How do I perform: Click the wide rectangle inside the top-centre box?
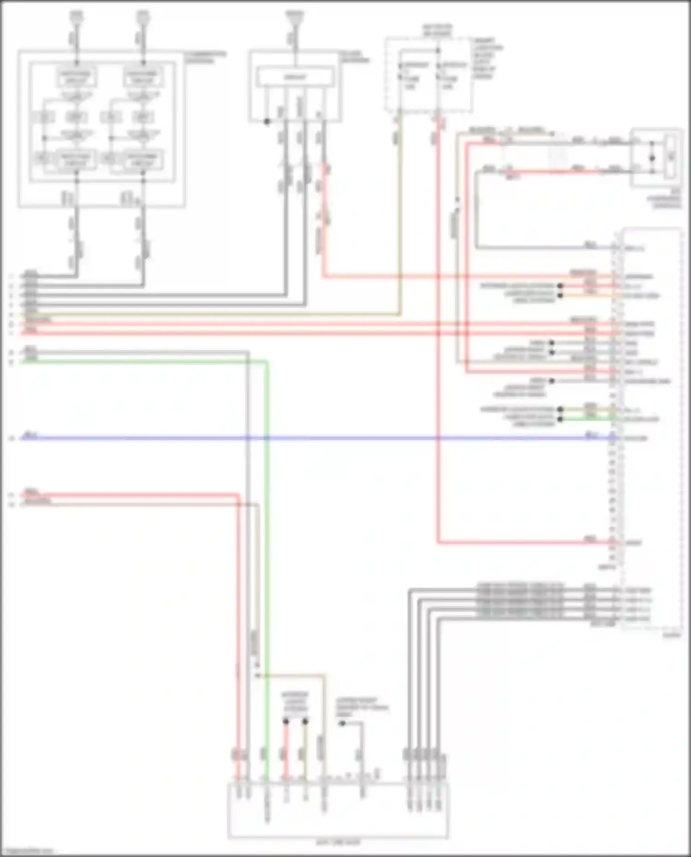295,77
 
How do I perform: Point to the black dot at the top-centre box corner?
267,122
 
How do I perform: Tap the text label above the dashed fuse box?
437,30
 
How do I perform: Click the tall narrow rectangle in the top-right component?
671,157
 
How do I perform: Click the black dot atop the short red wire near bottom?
286,721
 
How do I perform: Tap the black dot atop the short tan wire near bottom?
305,721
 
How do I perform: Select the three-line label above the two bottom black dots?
295,702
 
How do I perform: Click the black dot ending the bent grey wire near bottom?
342,723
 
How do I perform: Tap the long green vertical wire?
267,553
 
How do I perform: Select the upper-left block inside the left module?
76,77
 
